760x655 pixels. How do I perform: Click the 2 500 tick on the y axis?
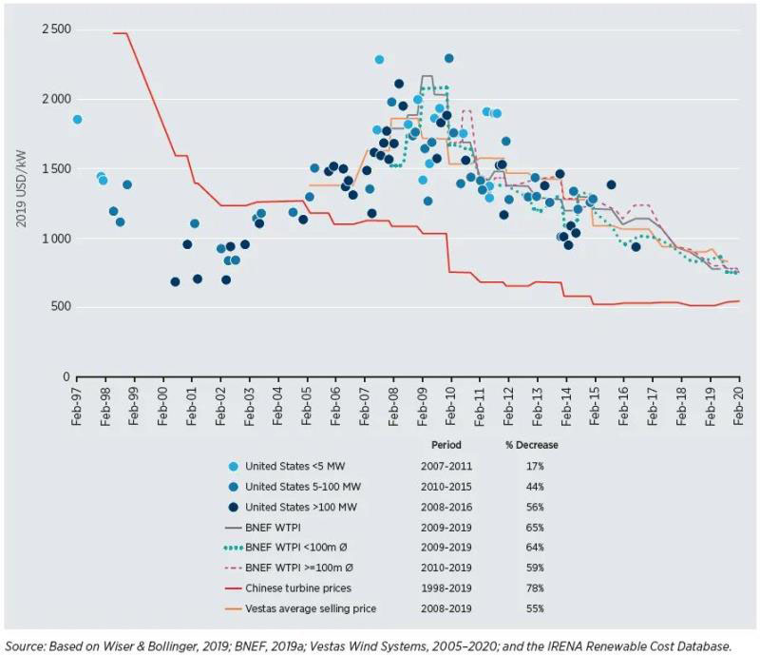[54, 29]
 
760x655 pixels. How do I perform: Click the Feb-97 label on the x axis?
[78, 405]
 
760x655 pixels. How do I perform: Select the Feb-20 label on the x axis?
[740, 405]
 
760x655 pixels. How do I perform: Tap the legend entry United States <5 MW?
[293, 467]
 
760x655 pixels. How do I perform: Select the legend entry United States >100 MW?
[296, 505]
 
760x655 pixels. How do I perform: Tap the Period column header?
[446, 445]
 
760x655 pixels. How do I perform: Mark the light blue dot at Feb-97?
[78, 120]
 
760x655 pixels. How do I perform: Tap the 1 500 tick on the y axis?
[54, 168]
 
